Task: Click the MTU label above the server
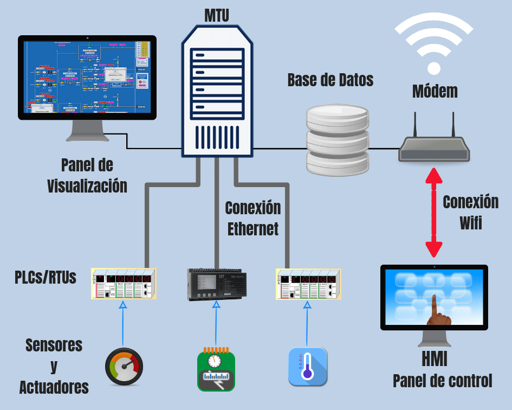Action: tap(216, 15)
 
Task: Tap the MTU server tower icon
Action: tap(216, 92)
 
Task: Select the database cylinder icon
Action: tap(338, 140)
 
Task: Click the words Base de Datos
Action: tap(330, 80)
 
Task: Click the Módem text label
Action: tap(435, 91)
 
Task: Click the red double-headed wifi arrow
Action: tap(433, 212)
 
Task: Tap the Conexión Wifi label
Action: tap(470, 212)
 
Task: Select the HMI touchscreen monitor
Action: tap(434, 297)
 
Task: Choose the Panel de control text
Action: tap(442, 381)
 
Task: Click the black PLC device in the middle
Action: tap(216, 284)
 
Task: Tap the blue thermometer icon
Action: tap(307, 367)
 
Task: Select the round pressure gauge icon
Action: tap(124, 367)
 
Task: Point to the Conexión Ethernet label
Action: tap(252, 218)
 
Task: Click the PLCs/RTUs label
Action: tap(46, 278)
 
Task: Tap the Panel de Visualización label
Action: tap(87, 175)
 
